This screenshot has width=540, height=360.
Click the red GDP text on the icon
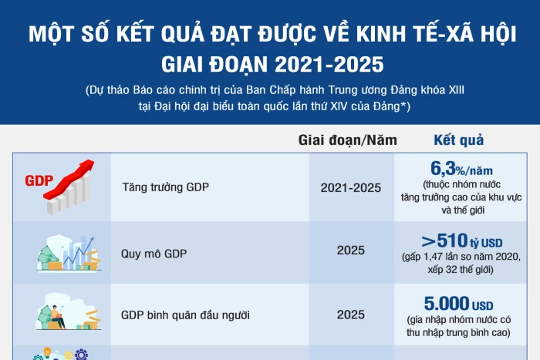(x=39, y=181)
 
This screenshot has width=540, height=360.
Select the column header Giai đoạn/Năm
(x=347, y=140)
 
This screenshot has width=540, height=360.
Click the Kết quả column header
(x=458, y=140)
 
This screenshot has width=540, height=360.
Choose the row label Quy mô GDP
(x=154, y=252)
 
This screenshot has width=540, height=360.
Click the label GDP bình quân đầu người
(x=185, y=315)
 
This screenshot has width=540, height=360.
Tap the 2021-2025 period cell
(x=351, y=187)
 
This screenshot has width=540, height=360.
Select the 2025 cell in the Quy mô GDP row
(x=351, y=251)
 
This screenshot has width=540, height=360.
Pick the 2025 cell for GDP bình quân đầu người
(x=351, y=315)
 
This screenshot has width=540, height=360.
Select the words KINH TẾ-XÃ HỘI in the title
(x=440, y=34)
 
